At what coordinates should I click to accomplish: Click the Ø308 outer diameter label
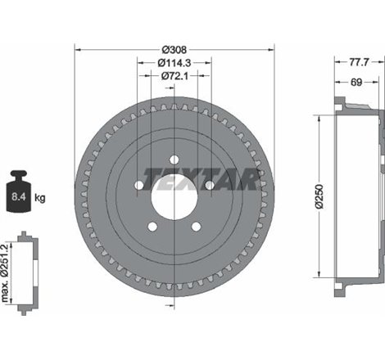click(174, 50)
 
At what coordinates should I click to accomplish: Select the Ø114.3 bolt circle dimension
click(174, 63)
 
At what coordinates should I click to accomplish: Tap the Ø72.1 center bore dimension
click(174, 76)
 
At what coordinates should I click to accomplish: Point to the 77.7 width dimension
click(359, 62)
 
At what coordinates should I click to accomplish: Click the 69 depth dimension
click(356, 82)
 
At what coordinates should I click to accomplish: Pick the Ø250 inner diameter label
click(319, 196)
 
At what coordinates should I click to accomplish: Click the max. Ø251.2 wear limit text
click(5, 273)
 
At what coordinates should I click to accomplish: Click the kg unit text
click(40, 197)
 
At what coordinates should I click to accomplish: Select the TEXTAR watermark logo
click(201, 178)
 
